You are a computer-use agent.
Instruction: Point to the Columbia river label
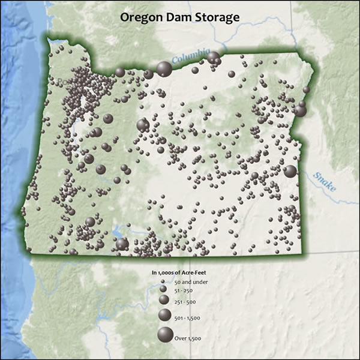190,57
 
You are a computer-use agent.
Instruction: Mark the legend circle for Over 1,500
164,336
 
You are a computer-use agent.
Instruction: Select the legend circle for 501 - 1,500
164,314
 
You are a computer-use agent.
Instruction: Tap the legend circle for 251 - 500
164,300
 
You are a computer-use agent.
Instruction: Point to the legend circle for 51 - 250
164,290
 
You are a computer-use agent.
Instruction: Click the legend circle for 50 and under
164,282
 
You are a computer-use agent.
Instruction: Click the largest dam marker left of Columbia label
164,68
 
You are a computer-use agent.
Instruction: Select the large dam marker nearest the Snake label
290,171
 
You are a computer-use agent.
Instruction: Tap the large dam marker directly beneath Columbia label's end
213,57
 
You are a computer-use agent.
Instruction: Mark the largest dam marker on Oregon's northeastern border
300,110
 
